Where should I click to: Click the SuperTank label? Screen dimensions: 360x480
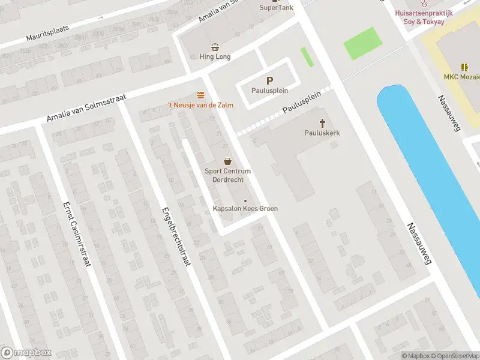pyautogui.click(x=276, y=8)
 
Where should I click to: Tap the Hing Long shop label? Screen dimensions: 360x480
pyautogui.click(x=215, y=57)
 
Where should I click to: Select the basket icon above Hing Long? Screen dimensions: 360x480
pyautogui.click(x=215, y=47)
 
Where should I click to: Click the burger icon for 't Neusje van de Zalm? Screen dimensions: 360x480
pyautogui.click(x=200, y=95)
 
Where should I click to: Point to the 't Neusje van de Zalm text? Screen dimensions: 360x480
pyautogui.click(x=200, y=105)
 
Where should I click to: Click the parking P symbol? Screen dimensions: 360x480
pyautogui.click(x=269, y=80)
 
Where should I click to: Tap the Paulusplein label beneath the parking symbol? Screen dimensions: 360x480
pyautogui.click(x=269, y=91)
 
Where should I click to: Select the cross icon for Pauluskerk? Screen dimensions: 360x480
pyautogui.click(x=322, y=123)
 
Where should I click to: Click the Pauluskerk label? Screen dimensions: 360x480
pyautogui.click(x=322, y=133)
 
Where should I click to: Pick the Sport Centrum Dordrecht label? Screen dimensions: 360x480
pyautogui.click(x=227, y=176)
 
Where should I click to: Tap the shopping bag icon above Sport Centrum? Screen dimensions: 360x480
pyautogui.click(x=227, y=161)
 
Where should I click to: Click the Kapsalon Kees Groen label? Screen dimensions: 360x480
pyautogui.click(x=245, y=209)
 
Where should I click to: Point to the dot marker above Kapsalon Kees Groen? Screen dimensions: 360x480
pyautogui.click(x=245, y=200)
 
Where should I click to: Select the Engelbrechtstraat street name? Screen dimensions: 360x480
pyautogui.click(x=175, y=237)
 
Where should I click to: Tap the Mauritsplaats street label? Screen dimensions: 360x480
pyautogui.click(x=48, y=32)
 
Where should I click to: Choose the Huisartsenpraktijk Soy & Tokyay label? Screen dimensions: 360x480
pyautogui.click(x=424, y=17)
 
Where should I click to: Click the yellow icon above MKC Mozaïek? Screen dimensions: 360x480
pyautogui.click(x=464, y=67)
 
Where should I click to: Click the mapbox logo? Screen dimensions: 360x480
pyautogui.click(x=26, y=353)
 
